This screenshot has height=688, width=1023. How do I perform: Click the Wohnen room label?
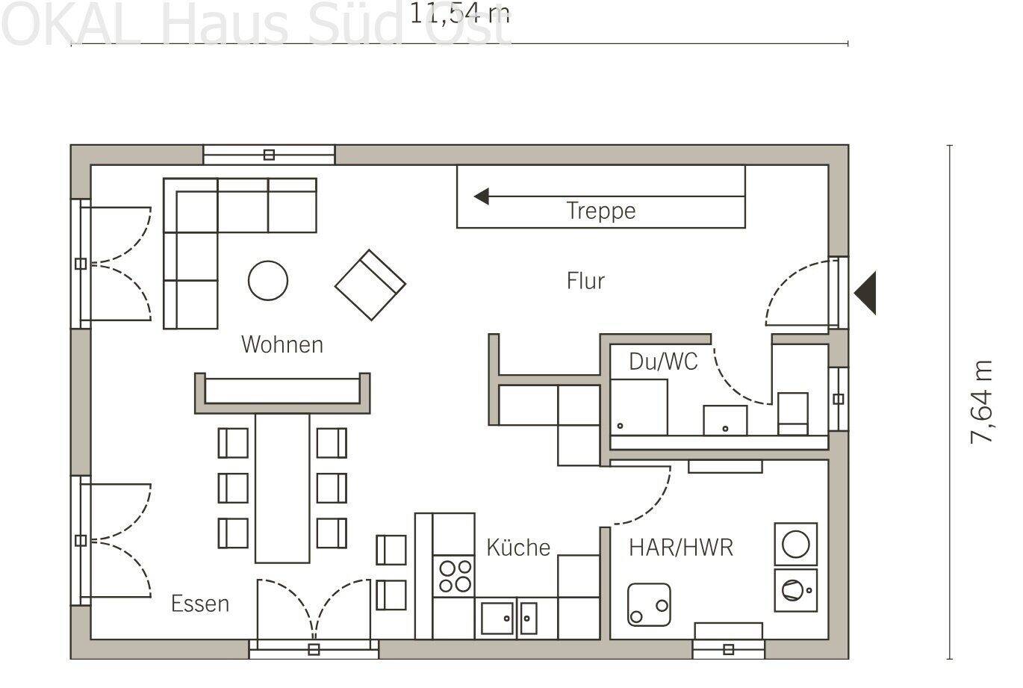[x=282, y=345]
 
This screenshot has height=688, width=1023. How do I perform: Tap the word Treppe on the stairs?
[x=601, y=211]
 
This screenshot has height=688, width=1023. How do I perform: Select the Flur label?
[x=585, y=281]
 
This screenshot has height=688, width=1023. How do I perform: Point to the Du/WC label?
[x=663, y=362]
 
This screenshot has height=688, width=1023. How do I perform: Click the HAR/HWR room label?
[x=681, y=548]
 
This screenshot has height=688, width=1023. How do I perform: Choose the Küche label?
[x=518, y=548]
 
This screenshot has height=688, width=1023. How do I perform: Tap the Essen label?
[x=200, y=604]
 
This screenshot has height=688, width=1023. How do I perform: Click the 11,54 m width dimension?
[x=460, y=13]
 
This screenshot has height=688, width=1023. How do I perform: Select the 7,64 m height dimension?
[x=982, y=402]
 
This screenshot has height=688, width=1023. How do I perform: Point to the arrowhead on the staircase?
[x=482, y=197]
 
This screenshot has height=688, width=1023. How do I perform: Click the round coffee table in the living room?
[x=268, y=280]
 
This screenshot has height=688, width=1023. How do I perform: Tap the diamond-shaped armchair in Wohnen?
[x=370, y=285]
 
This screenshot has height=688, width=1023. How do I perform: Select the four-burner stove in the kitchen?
[x=454, y=576]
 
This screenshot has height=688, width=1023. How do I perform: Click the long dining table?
[x=282, y=489]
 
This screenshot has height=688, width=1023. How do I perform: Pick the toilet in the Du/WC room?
[x=793, y=413]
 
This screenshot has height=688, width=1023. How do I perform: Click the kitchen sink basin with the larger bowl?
[x=497, y=618]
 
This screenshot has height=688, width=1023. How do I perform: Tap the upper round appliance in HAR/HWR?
[x=795, y=544]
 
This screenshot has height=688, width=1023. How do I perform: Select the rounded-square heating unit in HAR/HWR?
[x=649, y=604]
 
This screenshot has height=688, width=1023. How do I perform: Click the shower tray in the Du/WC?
[x=639, y=407]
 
